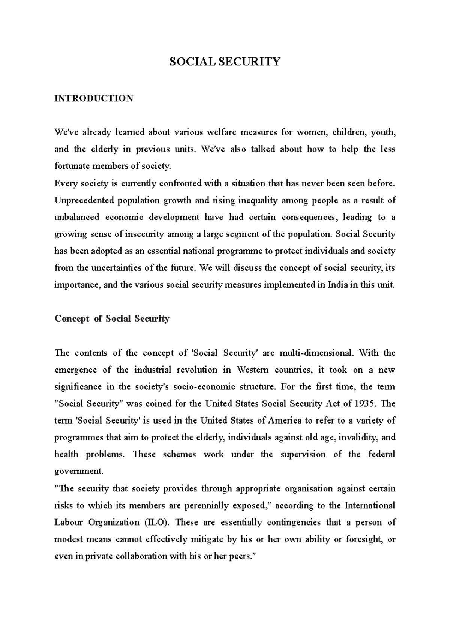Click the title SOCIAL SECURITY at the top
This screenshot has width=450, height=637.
coord(225,62)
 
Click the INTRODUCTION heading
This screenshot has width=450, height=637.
coord(94,98)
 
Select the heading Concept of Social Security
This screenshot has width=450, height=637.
coord(112,318)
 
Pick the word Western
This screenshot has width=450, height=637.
coord(253,370)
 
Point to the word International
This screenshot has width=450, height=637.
coord(370,505)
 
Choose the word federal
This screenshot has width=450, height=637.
coord(382,454)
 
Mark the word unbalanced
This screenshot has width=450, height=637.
coord(77,217)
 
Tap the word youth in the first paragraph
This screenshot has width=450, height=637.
coord(385,132)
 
